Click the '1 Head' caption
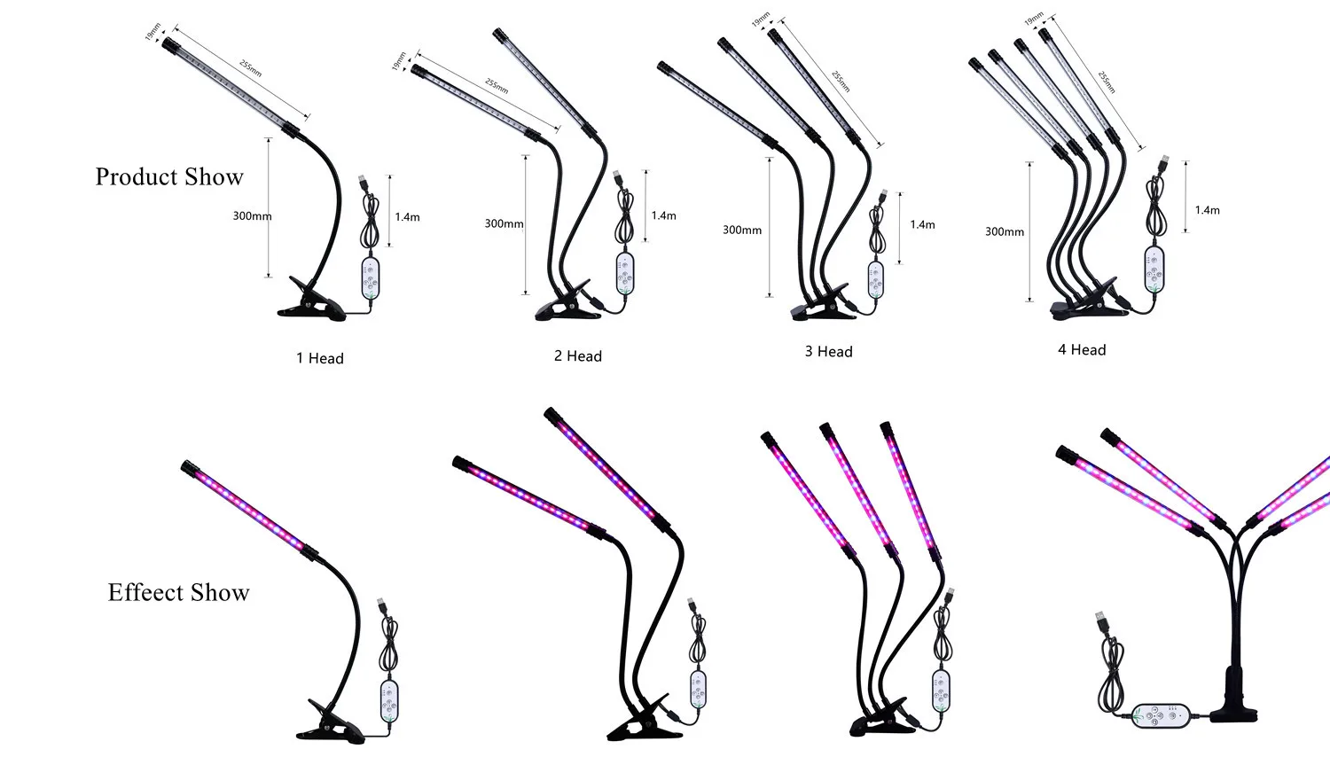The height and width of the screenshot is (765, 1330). (320, 358)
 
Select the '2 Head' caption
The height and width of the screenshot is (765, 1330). (578, 356)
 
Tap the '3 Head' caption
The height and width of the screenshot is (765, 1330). (829, 352)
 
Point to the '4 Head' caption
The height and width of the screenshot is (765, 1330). (1082, 350)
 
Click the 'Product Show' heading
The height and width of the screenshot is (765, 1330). (169, 177)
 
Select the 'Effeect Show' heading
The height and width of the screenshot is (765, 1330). (179, 593)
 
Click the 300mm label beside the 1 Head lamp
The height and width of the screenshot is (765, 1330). (252, 216)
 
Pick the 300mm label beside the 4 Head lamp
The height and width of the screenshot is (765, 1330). (1005, 232)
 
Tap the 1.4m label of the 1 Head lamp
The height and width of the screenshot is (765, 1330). (407, 217)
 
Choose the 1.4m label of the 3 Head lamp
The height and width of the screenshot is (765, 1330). (922, 225)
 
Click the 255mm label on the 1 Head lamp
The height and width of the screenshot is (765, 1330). (251, 69)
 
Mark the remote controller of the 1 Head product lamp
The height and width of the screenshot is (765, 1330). (370, 277)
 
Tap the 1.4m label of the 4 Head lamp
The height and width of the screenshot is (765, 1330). (1207, 211)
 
